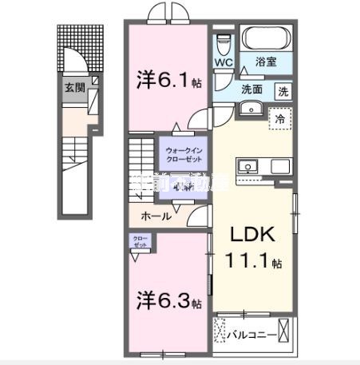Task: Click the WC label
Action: tap(223, 60)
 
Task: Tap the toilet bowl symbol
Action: tap(223, 41)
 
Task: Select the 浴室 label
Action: tap(265, 61)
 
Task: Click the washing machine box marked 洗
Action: tap(283, 91)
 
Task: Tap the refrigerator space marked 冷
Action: tap(280, 119)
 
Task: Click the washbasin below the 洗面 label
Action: tap(252, 109)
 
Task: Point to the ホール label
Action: tap(154, 216)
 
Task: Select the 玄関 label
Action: tap(72, 87)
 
